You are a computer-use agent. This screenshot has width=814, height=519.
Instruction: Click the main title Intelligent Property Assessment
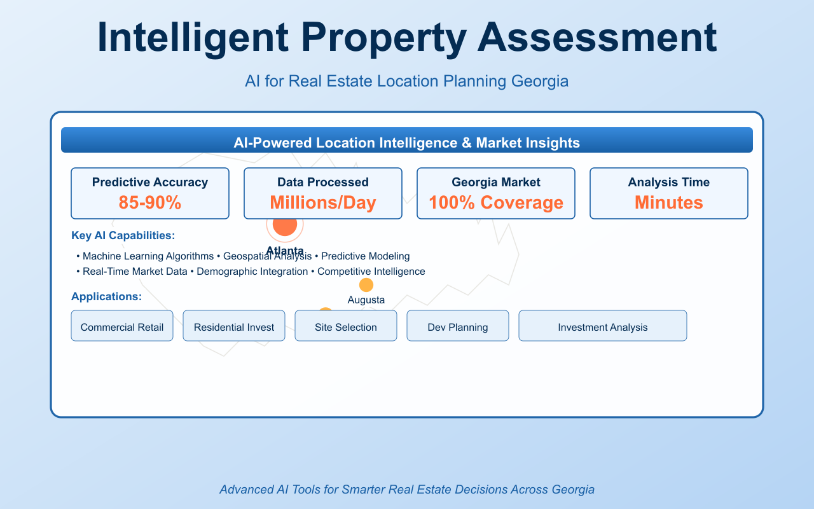coord(407,38)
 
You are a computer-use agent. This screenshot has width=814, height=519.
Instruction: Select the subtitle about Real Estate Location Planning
coord(407,81)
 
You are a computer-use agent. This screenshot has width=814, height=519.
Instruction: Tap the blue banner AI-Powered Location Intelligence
coord(407,142)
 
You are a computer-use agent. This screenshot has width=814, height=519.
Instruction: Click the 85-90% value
coord(150,202)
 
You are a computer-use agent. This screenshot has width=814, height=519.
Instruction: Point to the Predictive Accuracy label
coord(150,182)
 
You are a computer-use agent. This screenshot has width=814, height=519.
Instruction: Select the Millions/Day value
coord(323,202)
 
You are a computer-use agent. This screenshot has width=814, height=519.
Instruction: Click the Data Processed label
coord(323,182)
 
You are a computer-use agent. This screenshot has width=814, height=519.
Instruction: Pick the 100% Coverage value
coord(496,202)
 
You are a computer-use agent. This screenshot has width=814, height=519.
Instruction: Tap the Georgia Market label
coord(496,182)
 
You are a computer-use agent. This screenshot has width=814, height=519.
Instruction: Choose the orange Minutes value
coord(669,202)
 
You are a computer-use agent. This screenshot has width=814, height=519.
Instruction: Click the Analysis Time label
coord(669,182)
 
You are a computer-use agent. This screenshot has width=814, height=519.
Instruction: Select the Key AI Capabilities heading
coord(123,235)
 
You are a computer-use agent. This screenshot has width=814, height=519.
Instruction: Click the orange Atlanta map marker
coord(285,225)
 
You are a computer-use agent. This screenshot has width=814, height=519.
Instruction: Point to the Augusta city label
coord(366,300)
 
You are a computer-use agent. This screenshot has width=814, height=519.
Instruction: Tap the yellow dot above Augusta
coord(366,285)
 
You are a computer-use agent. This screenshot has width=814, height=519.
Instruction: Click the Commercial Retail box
coord(122,327)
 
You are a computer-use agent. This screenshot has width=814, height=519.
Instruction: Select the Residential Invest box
coord(234,327)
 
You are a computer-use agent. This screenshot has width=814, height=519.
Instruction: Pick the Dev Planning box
coord(458,327)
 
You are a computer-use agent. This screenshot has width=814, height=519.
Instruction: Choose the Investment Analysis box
coord(603,327)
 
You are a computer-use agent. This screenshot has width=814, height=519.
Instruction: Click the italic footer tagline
coord(407,489)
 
